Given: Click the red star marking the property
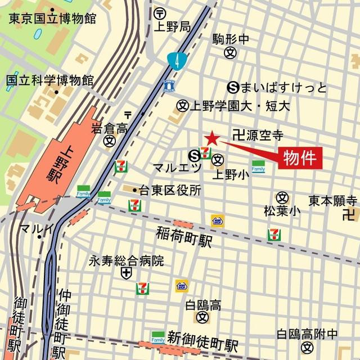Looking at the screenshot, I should pyautogui.click(x=211, y=138).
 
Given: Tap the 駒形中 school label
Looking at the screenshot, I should pyautogui.click(x=230, y=39).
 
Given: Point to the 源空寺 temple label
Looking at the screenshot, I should pyautogui.click(x=263, y=135).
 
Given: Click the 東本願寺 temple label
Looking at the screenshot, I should pyautogui.click(x=333, y=200).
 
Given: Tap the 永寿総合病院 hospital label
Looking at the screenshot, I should pyautogui.click(x=126, y=261).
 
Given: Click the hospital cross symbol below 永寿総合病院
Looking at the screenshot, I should pyautogui.click(x=126, y=273).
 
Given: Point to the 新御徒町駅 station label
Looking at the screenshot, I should pyautogui.click(x=202, y=344).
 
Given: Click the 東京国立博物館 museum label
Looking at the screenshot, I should pyautogui.click(x=52, y=18).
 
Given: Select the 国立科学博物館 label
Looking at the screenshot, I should pyautogui.click(x=49, y=80).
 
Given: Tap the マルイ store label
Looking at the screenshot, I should pyautogui.click(x=36, y=228).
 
